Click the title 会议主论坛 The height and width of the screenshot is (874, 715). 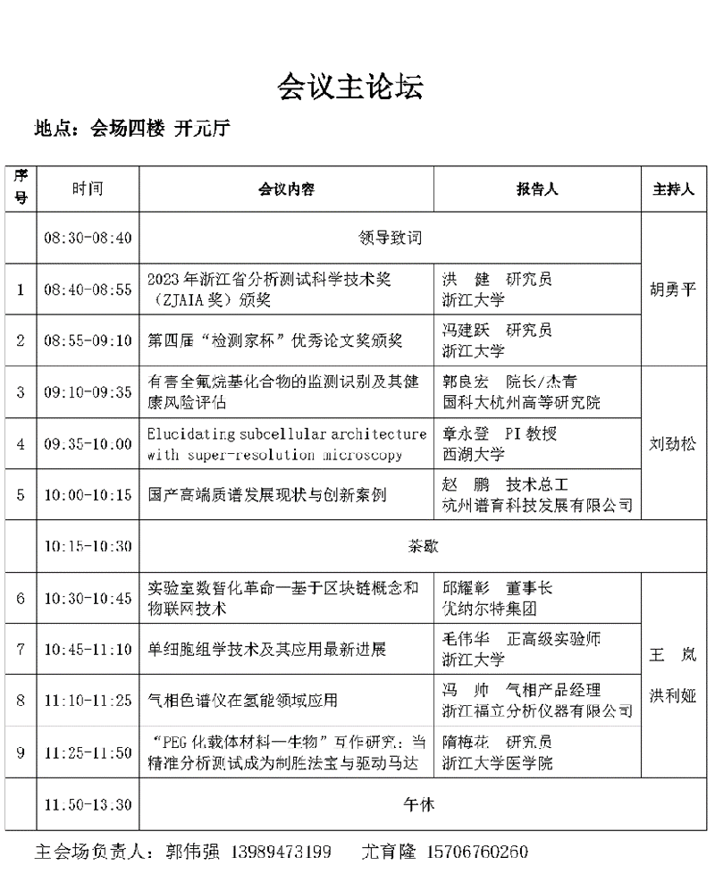click(x=349, y=87)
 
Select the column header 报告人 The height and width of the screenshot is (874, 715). click(x=536, y=189)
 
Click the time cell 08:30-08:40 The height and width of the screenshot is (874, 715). click(x=88, y=238)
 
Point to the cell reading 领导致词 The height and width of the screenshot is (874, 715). click(x=390, y=238)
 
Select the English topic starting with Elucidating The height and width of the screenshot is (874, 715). click(x=287, y=444)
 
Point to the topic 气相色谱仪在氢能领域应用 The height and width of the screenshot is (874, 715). click(x=242, y=701)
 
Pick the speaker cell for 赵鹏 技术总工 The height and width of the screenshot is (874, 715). click(x=538, y=495)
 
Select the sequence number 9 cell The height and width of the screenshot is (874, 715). click(x=21, y=752)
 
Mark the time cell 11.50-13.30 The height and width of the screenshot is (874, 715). click(x=88, y=804)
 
